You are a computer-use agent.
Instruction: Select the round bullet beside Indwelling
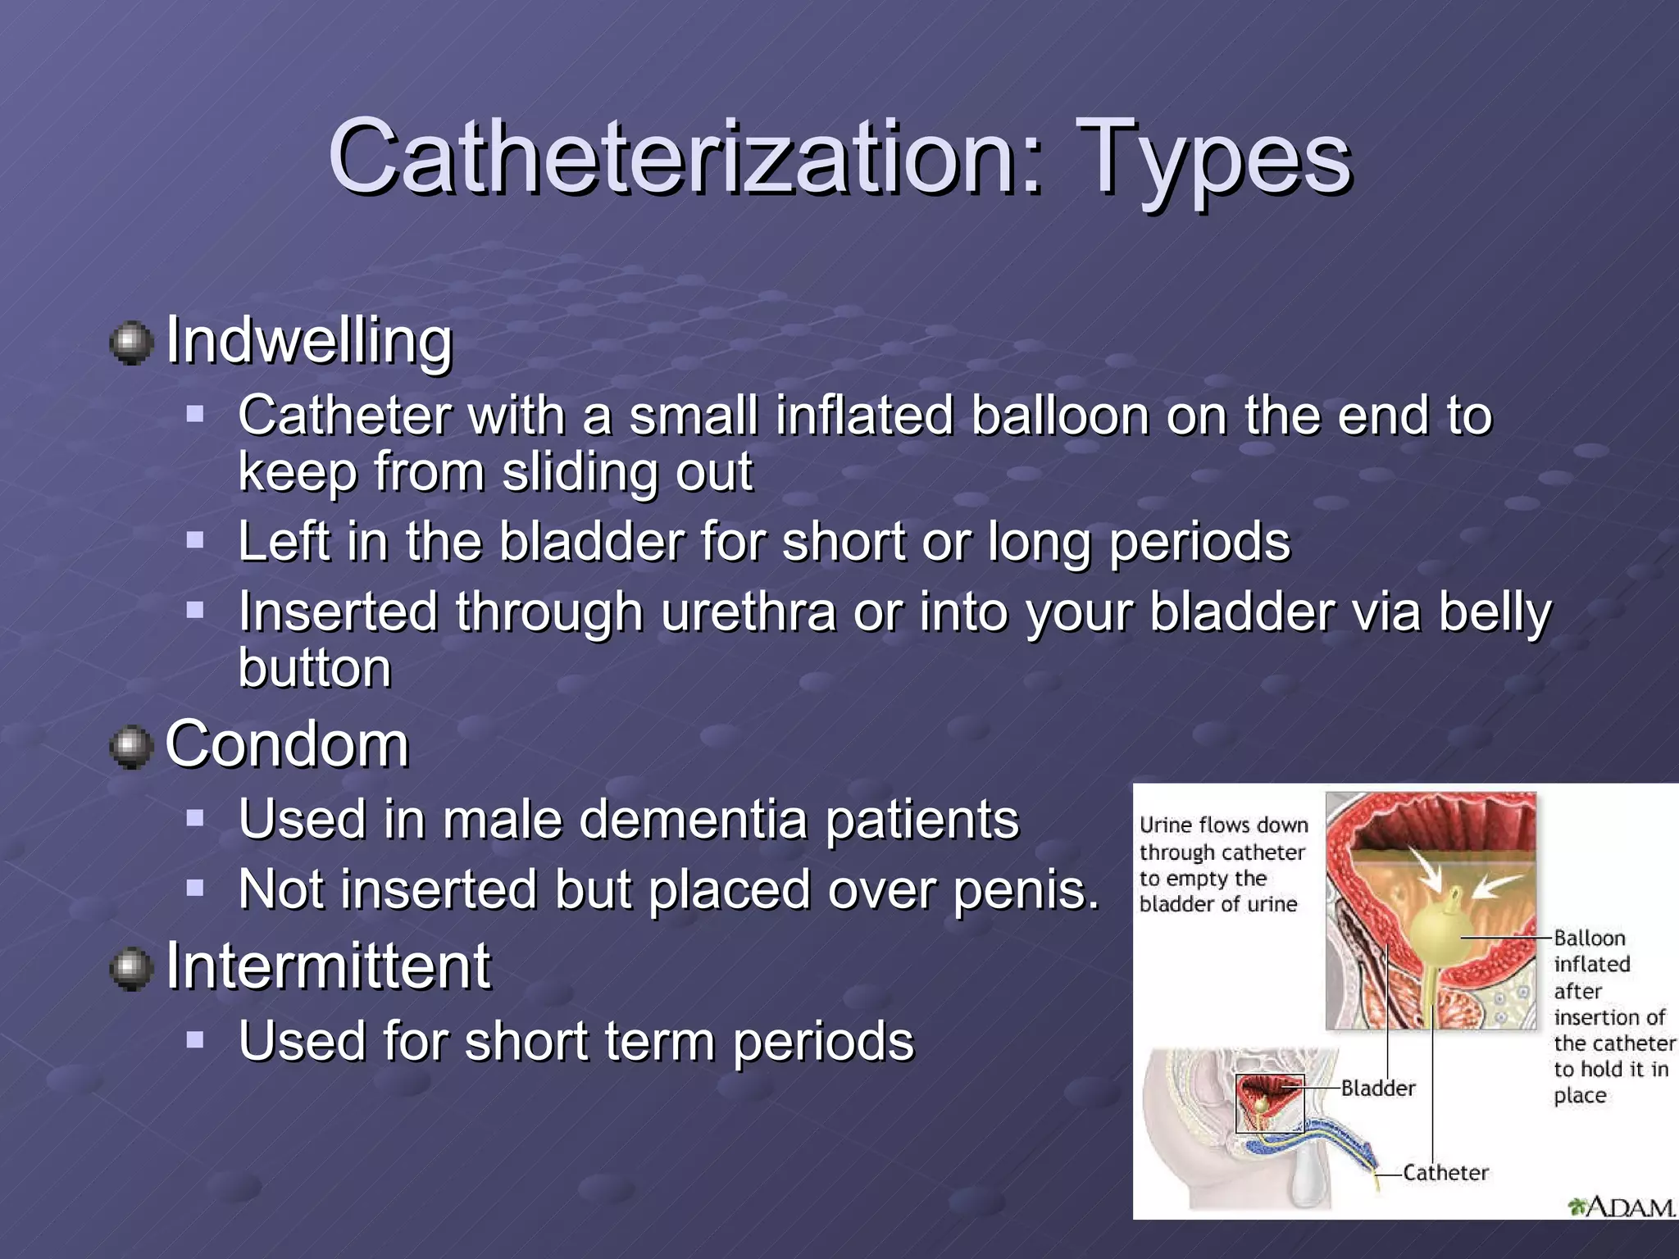pos(131,342)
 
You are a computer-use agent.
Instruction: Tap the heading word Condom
pos(287,745)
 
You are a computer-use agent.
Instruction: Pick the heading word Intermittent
pos(328,966)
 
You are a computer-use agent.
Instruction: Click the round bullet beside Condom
pos(131,747)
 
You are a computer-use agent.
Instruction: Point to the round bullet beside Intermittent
pos(131,968)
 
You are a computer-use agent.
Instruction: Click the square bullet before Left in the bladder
pos(194,541)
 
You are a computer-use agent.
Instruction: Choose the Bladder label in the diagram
pos(1378,1089)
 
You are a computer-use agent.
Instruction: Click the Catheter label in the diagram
pos(1445,1173)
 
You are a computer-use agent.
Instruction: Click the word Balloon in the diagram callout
pos(1589,939)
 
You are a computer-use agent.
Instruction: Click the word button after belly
pos(315,668)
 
